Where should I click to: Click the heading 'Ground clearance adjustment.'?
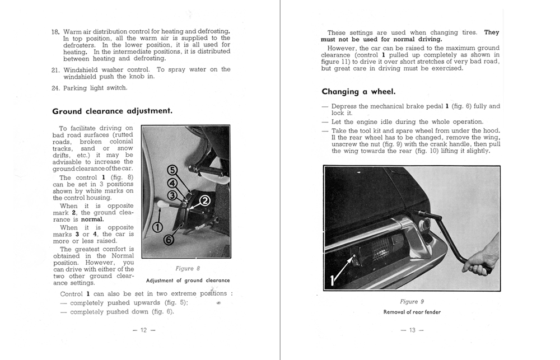coord(112,111)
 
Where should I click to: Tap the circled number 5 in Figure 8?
coord(172,170)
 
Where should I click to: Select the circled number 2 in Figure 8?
coord(204,201)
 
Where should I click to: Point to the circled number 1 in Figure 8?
coord(157,227)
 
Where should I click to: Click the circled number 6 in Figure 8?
coord(169,239)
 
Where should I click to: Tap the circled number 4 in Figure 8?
coord(172,182)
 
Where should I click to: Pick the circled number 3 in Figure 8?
coord(172,194)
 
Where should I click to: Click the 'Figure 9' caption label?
coord(412,301)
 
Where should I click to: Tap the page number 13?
coord(412,330)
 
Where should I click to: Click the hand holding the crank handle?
coord(483,258)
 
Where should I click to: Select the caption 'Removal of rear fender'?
coord(412,312)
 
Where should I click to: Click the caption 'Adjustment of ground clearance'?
coord(188,280)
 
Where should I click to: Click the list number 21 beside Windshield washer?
coord(55,69)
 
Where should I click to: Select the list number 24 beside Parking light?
coord(55,88)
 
